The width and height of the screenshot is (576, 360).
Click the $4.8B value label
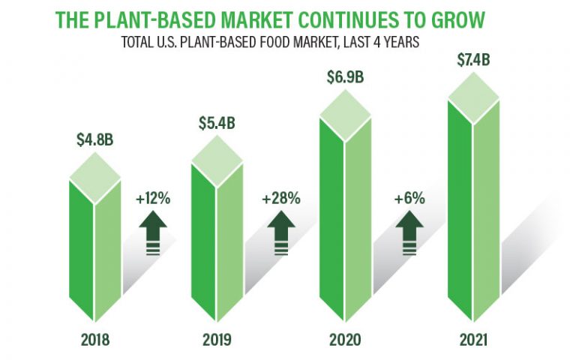(95, 139)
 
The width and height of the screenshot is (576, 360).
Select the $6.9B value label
(345, 77)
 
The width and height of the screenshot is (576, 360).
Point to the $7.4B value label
(472, 59)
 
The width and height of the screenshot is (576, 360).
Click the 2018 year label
(95, 340)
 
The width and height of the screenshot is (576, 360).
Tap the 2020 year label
(345, 340)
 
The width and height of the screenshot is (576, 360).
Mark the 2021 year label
(472, 340)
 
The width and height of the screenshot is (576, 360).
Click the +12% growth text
(153, 199)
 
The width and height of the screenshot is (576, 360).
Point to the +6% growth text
(409, 199)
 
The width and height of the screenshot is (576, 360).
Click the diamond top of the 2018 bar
(95, 178)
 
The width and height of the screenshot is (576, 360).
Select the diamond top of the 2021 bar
(472, 97)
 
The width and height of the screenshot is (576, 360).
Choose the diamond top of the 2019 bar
(217, 159)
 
